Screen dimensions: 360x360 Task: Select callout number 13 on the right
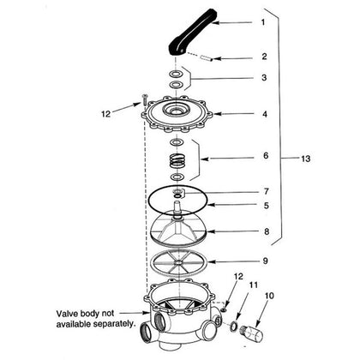(x=306, y=159)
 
